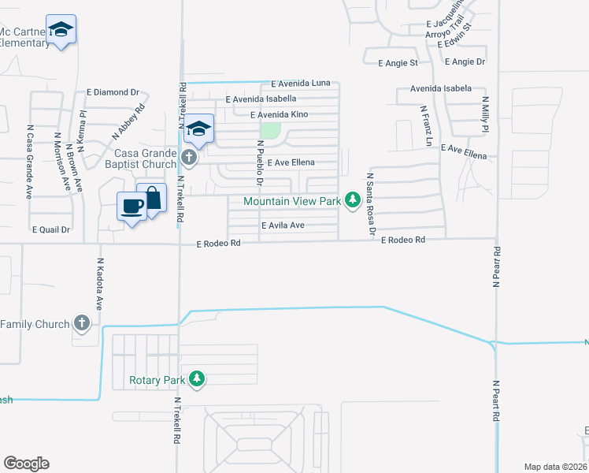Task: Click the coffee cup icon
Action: click(132, 207)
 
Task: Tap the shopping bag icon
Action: click(151, 198)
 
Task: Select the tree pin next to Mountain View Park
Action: click(352, 201)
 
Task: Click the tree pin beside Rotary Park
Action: click(197, 380)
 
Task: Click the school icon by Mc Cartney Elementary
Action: click(61, 30)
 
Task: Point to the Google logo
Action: click(26, 464)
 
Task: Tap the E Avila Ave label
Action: click(283, 225)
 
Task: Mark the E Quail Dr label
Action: click(51, 230)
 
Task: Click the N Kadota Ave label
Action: click(100, 282)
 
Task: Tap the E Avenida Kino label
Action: click(279, 115)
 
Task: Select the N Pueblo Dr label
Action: click(259, 163)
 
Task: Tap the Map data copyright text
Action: click(556, 467)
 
